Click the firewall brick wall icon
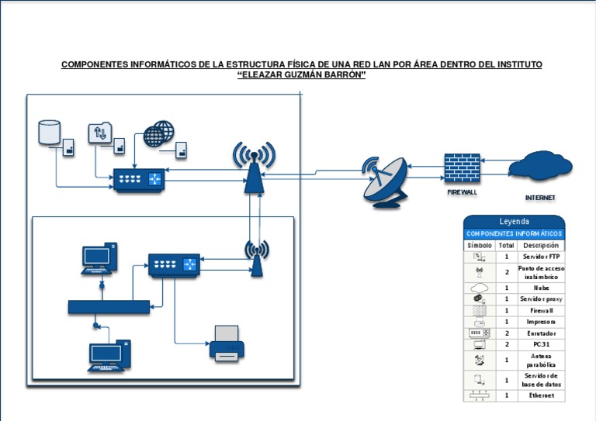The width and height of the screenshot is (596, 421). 462,167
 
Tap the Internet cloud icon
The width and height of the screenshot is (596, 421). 540,166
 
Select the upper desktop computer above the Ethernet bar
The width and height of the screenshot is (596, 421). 99,259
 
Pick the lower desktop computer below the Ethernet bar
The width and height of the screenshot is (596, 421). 109,356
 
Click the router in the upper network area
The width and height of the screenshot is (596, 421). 139,180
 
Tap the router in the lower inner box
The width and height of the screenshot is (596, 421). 173,264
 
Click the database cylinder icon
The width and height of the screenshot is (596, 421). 50,132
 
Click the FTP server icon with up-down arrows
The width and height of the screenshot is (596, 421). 100,133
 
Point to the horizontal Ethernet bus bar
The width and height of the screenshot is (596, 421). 109,307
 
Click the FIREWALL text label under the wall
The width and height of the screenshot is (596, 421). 462,191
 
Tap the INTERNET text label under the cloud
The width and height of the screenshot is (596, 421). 540,198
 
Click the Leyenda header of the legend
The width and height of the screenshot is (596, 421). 514,222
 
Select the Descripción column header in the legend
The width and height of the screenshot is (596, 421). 541,245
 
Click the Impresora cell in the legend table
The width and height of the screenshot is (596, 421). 541,322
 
